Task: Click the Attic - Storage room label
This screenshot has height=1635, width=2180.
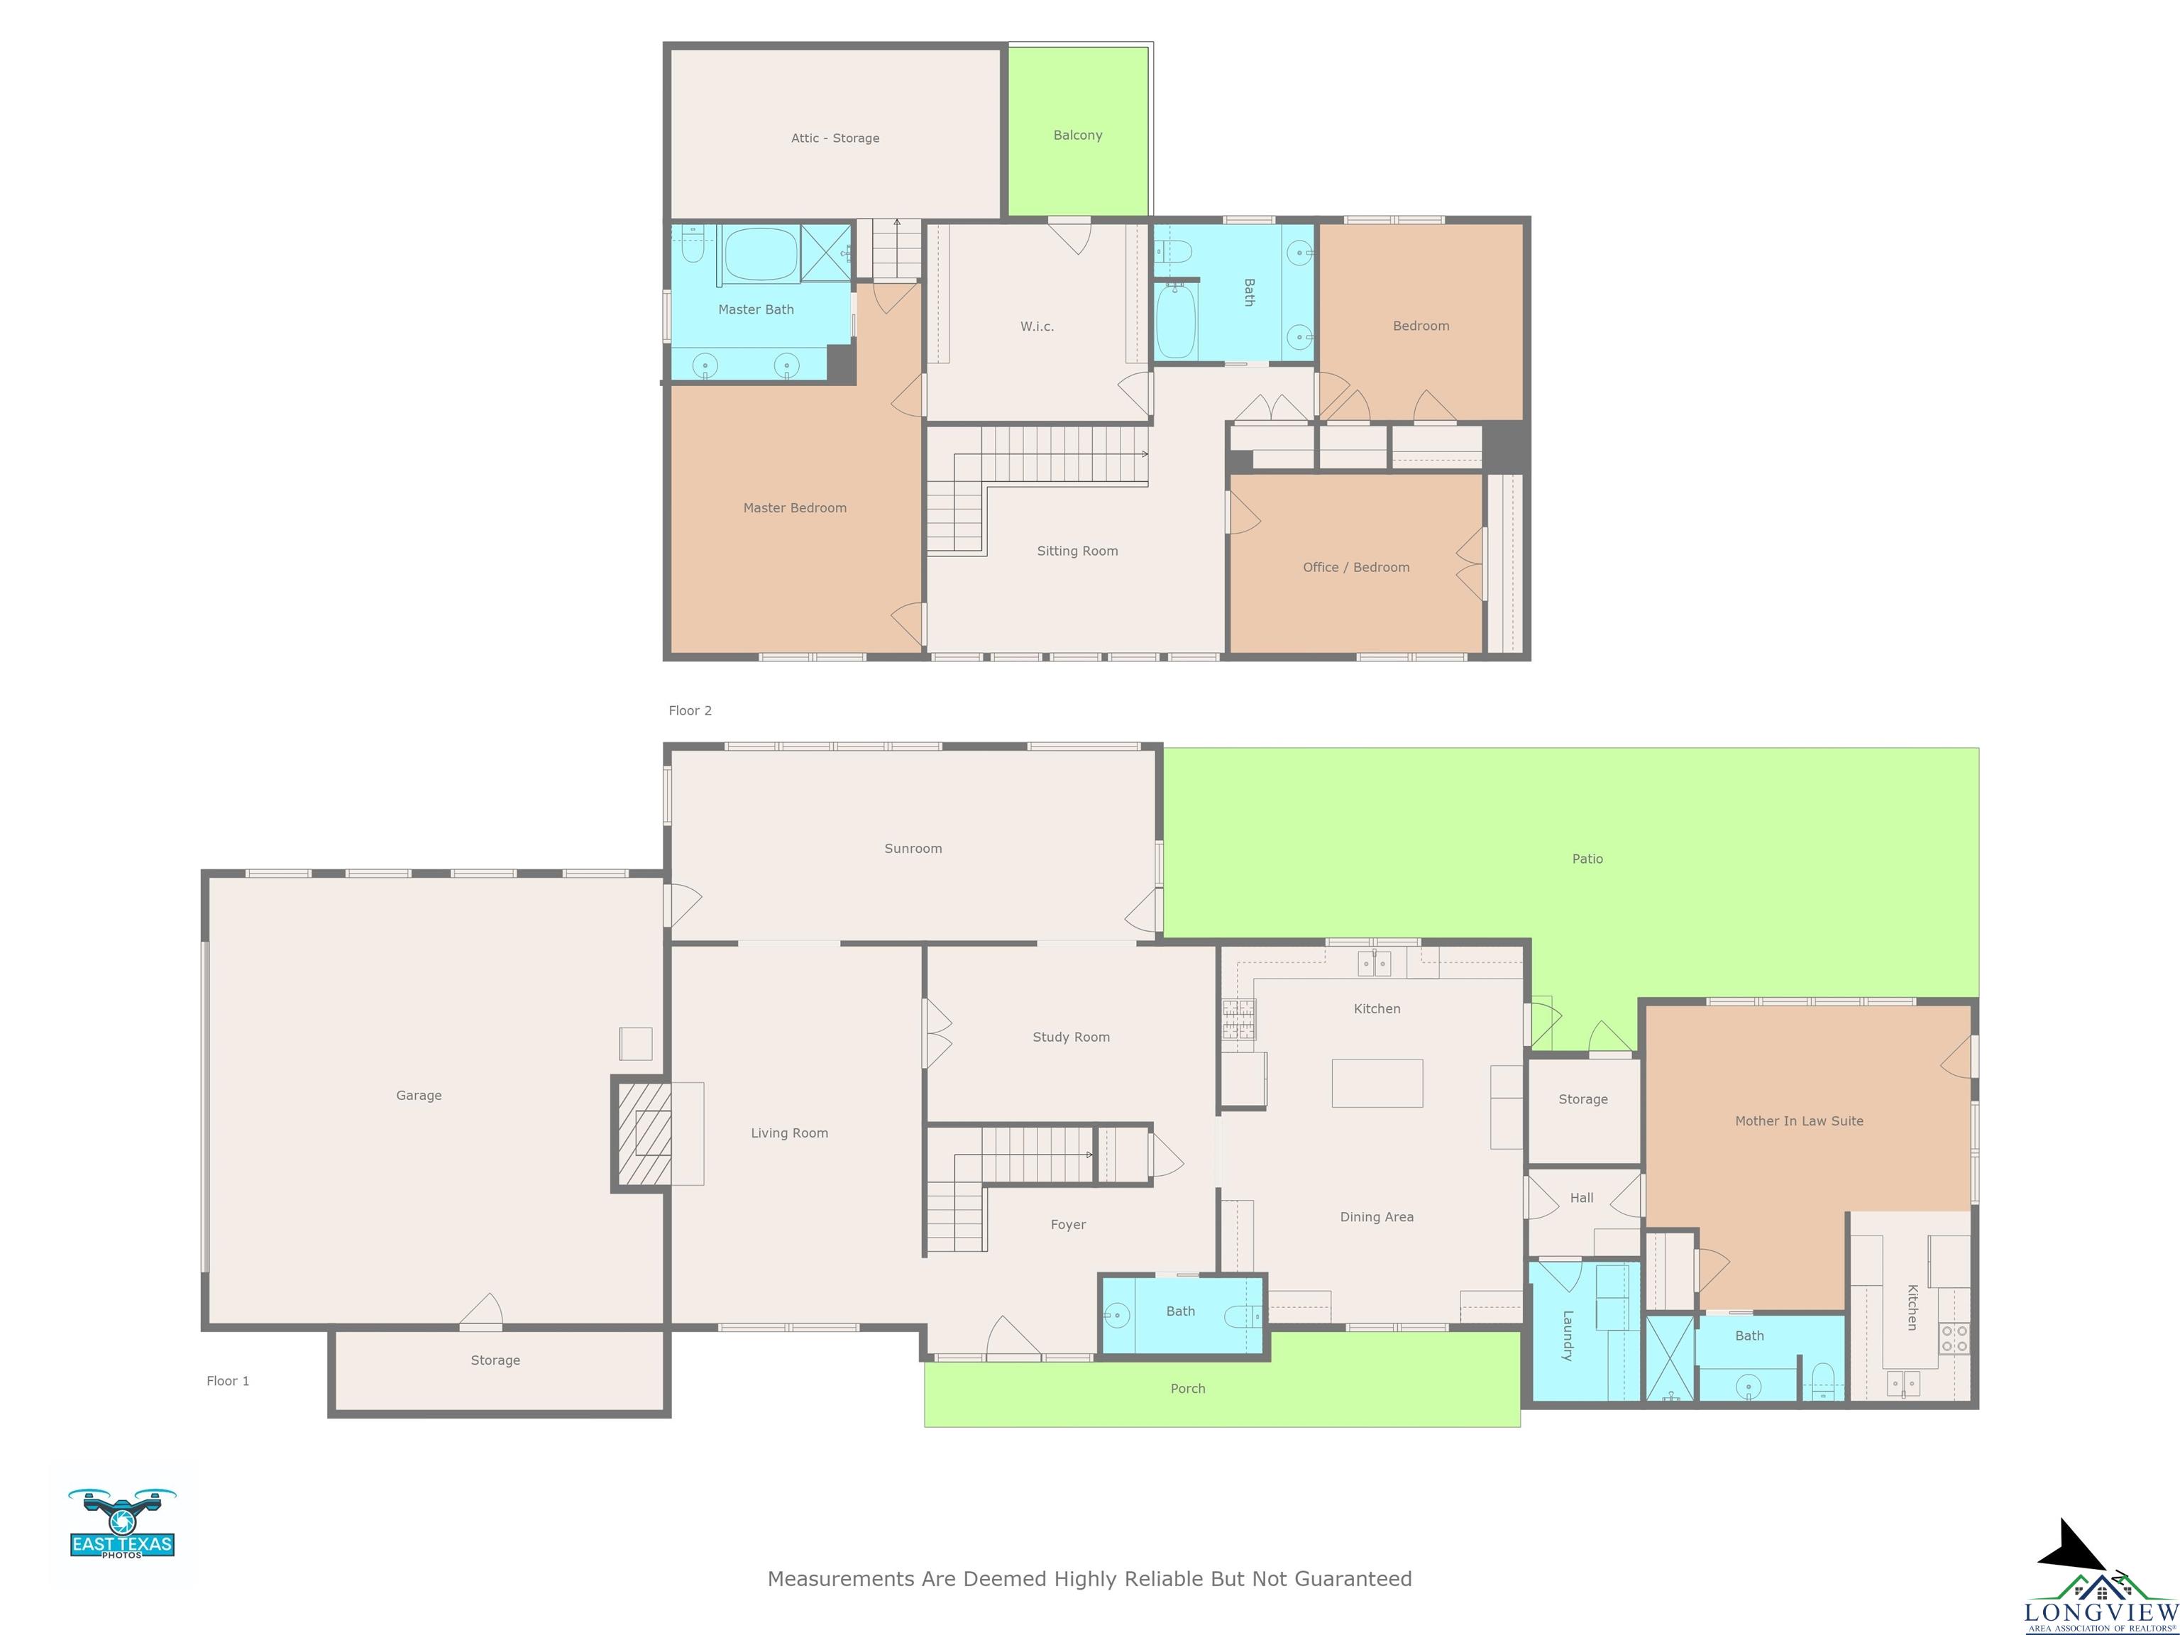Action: tap(835, 138)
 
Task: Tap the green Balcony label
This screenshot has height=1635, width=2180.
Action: tap(1077, 135)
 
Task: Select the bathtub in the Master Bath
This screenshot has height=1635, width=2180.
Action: tap(760, 254)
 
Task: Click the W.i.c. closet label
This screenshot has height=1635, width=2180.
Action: tap(1037, 326)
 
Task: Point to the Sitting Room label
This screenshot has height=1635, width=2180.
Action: tap(1077, 551)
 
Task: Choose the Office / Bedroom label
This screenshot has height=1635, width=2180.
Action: tap(1356, 567)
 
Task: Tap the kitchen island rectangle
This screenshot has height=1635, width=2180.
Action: tap(1377, 1083)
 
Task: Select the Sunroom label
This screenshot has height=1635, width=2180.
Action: tap(913, 849)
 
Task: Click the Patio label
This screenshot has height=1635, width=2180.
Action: tap(1587, 859)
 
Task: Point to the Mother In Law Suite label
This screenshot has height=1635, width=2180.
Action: tap(1799, 1121)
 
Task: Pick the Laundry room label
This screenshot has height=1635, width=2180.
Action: tap(1567, 1336)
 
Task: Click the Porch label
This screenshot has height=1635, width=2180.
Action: tap(1187, 1389)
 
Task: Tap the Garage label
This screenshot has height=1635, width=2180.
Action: tap(419, 1095)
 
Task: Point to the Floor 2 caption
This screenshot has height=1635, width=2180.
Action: tap(690, 710)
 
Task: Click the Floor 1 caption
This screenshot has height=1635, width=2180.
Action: tap(228, 1381)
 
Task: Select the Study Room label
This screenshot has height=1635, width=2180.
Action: tap(1072, 1037)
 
